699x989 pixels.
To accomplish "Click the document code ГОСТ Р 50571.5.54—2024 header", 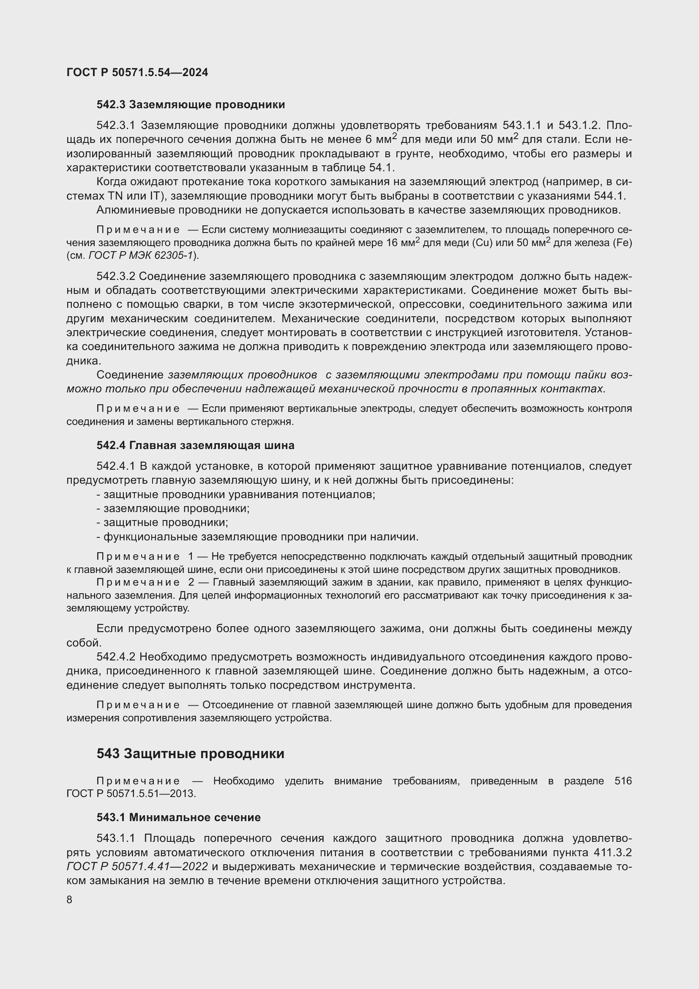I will [x=137, y=72].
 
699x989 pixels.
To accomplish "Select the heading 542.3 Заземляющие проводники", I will [x=191, y=105].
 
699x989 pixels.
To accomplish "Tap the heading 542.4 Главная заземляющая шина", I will [x=195, y=445].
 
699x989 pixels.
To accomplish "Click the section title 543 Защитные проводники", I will [x=190, y=753].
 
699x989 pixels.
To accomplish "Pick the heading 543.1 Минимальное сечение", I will [x=179, y=817].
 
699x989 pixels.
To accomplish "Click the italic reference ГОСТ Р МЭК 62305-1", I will [x=140, y=255].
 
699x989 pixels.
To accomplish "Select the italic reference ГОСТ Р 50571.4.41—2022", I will [x=137, y=866].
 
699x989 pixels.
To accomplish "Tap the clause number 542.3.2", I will [x=116, y=276].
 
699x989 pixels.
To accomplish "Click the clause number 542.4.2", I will [x=116, y=657].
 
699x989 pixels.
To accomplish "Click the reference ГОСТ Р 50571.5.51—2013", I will [x=131, y=793].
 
